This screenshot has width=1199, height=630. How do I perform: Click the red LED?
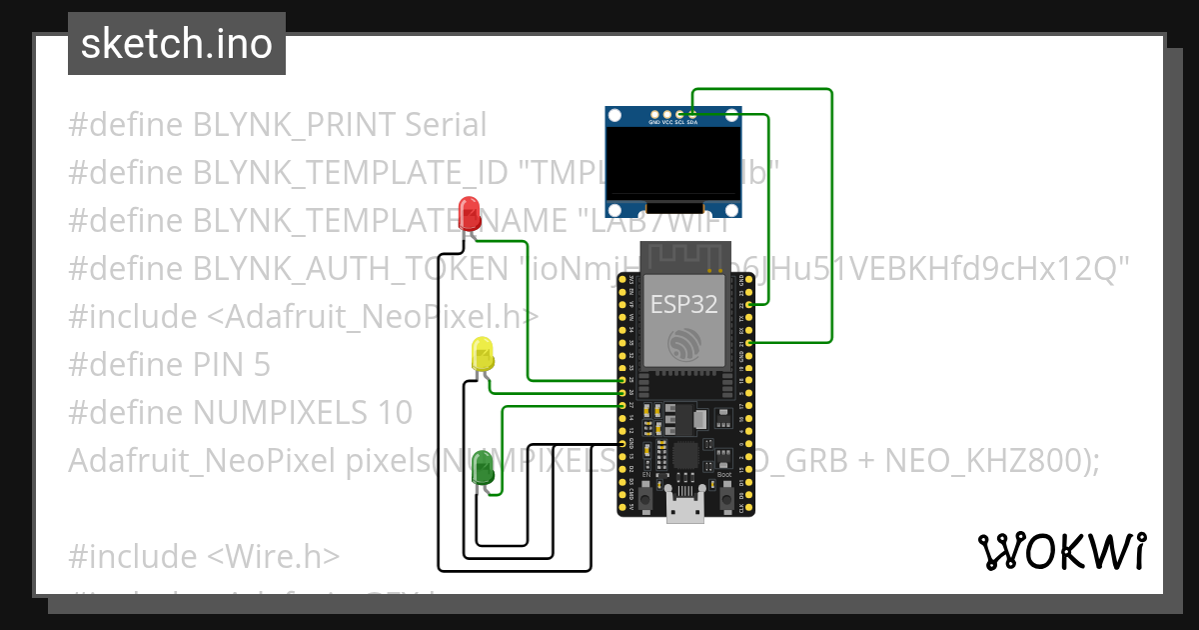pyautogui.click(x=469, y=213)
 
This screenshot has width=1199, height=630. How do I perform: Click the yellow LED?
pyautogui.click(x=483, y=355)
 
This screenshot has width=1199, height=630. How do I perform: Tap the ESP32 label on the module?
pyautogui.click(x=684, y=305)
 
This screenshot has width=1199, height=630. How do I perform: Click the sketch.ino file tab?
pyautogui.click(x=176, y=44)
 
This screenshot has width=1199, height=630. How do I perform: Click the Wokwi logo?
pyautogui.click(x=1061, y=551)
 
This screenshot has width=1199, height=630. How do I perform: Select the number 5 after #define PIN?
pyautogui.click(x=261, y=365)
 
